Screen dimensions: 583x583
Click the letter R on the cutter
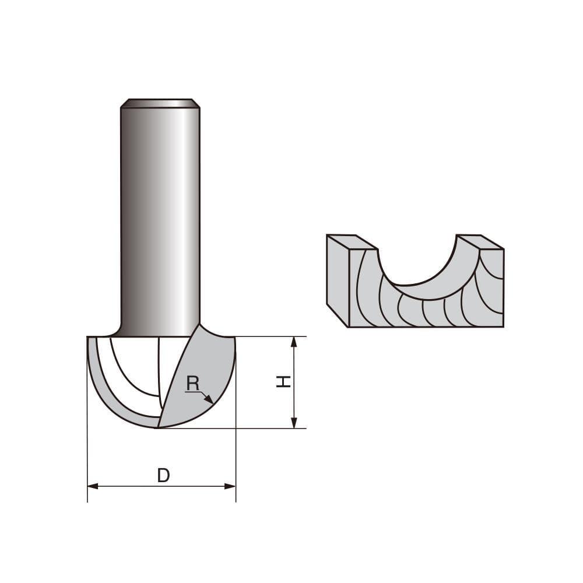pos(192,384)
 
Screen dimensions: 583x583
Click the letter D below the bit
pos(164,476)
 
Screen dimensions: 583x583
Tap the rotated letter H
pos(283,382)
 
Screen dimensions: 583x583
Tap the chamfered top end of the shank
pos(160,103)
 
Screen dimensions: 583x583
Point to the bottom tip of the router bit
pos(158,427)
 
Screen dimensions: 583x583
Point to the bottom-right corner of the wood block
pos(503,326)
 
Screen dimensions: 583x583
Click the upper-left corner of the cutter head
pos(89,338)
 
